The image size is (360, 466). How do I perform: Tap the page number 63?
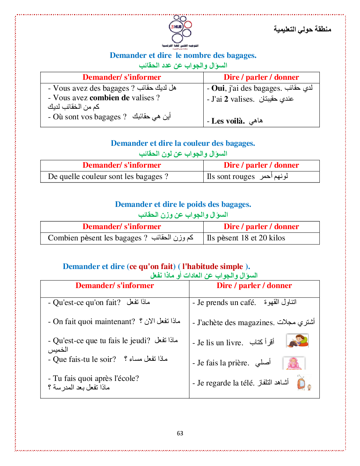coord(180,433)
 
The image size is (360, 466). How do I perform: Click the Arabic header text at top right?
coord(302,29)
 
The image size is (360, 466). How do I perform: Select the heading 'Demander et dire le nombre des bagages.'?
coord(183,55)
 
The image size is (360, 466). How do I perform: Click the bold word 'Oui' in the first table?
coord(218,88)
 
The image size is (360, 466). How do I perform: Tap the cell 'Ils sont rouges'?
coord(230,177)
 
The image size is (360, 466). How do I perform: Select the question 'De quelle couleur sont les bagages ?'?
coord(108,177)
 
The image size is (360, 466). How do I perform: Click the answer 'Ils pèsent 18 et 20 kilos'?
coord(246,238)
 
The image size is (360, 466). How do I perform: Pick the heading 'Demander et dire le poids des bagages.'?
coord(183,204)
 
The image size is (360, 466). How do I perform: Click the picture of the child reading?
coord(298,341)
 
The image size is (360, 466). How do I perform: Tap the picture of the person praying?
coord(294,363)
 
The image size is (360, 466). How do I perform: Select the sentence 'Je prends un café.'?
coord(226,303)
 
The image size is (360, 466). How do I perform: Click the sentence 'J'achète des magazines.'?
coord(235,323)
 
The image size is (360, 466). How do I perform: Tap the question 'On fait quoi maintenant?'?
coord(94,322)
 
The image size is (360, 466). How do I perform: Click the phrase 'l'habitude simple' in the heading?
coord(212,267)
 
